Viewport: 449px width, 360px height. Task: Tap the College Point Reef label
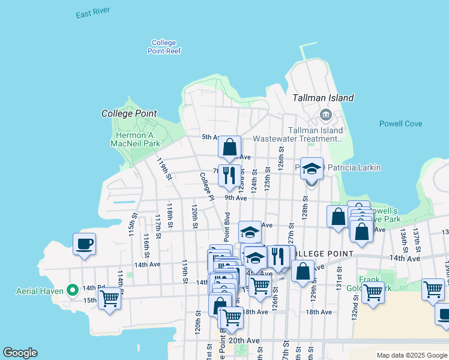click(164, 47)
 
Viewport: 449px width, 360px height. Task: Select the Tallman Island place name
click(323, 98)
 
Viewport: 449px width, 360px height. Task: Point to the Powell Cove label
click(400, 124)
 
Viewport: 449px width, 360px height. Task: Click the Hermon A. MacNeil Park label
click(136, 139)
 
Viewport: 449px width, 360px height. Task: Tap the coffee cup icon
click(84, 244)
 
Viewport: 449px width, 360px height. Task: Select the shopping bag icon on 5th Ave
click(229, 146)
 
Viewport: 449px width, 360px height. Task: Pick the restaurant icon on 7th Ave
click(229, 175)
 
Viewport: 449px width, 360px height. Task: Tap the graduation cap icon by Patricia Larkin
click(312, 169)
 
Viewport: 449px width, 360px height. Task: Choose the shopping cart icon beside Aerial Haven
click(109, 298)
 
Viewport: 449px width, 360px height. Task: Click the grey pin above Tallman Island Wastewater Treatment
click(325, 114)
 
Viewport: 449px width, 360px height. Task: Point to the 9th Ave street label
click(236, 197)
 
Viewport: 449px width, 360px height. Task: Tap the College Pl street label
click(206, 186)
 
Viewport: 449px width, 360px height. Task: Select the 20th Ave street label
click(244, 340)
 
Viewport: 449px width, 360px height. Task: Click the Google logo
click(20, 353)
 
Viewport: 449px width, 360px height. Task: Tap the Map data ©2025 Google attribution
click(411, 355)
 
